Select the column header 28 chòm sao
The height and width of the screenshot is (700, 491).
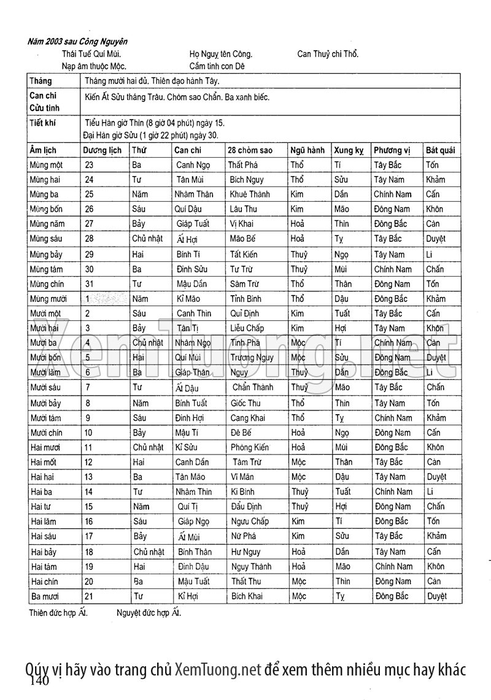(x=250, y=150)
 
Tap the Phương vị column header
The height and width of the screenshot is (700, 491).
(x=392, y=150)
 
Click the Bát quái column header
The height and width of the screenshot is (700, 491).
(x=441, y=150)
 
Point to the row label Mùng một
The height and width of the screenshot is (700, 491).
(x=46, y=165)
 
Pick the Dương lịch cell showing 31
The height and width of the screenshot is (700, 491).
(x=90, y=284)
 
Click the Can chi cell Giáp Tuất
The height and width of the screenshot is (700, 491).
(x=193, y=225)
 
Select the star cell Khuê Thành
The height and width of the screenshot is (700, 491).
(x=250, y=194)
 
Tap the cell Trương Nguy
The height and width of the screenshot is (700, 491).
(x=252, y=358)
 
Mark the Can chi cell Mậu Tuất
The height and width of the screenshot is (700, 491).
(x=193, y=582)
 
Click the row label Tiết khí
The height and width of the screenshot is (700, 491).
(x=42, y=123)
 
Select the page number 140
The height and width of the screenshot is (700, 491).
(x=38, y=680)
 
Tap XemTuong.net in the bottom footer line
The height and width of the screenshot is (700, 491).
(x=218, y=669)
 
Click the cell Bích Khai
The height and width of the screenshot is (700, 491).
(x=247, y=596)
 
